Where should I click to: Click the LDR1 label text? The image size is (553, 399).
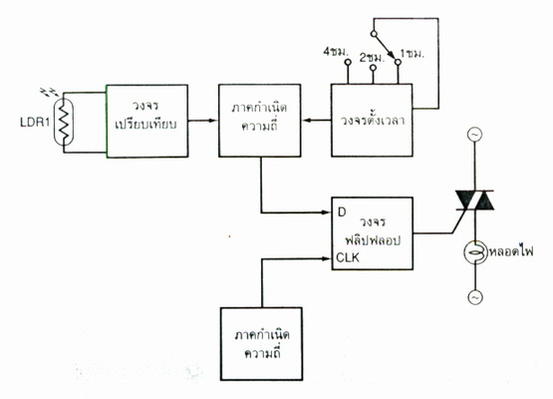[x=35, y=122]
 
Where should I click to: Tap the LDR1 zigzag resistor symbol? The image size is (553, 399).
[x=64, y=122]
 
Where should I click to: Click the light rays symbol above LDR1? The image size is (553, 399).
[x=50, y=92]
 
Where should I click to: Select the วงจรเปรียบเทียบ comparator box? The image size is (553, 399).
[x=147, y=121]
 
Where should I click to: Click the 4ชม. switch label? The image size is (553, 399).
[x=336, y=52]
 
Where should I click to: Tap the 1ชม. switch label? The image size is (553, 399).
[x=412, y=55]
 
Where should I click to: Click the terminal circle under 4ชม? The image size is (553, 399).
[x=348, y=63]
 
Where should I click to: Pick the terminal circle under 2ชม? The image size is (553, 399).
[x=373, y=68]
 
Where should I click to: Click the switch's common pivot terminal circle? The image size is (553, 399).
[x=374, y=34]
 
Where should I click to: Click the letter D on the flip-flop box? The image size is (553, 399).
[x=342, y=212]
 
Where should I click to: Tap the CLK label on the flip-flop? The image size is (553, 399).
[x=348, y=257]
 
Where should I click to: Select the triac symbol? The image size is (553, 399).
[x=474, y=200]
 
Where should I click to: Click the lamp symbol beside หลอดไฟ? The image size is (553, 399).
[x=474, y=251]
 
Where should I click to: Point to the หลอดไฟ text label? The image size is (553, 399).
[x=511, y=251]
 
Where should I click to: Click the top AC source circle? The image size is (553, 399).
[x=474, y=135]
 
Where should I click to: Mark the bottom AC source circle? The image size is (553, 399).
[x=475, y=297]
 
